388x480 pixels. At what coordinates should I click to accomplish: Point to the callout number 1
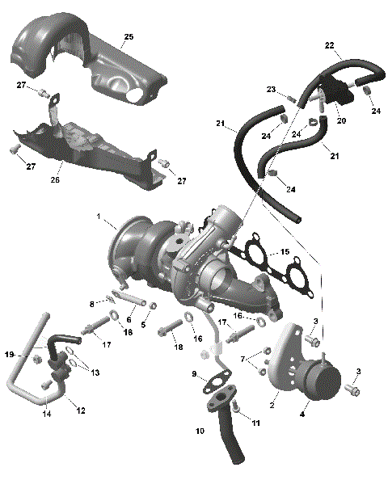99,217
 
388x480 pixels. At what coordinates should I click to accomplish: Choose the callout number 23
271,90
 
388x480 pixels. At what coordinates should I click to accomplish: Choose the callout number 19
10,354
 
